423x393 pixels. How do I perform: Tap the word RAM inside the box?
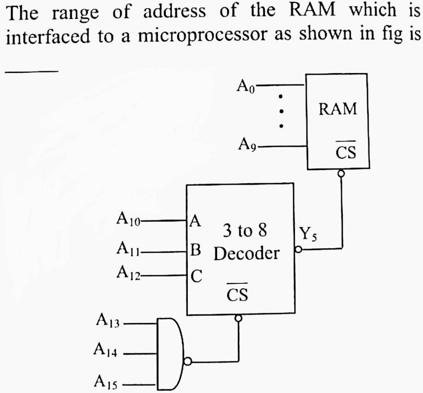(337, 109)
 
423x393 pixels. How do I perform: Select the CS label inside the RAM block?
(346, 153)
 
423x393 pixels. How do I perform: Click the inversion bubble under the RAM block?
(341, 173)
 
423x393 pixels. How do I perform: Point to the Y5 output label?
(309, 235)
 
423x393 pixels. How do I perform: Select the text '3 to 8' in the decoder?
(245, 231)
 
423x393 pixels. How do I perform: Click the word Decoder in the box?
(246, 254)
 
